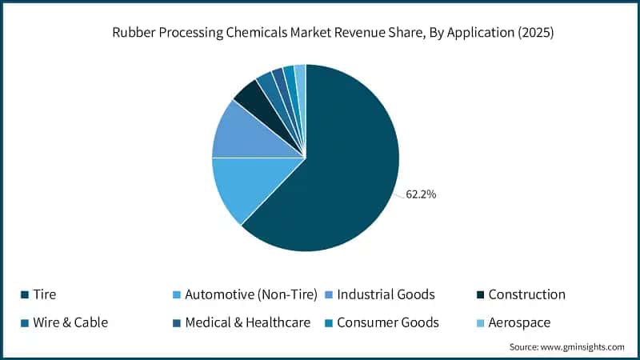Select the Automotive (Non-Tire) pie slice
(x=240, y=188)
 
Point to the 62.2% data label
(x=422, y=194)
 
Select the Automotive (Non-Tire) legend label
(x=250, y=294)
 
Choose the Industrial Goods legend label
(x=386, y=294)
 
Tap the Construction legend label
(x=526, y=294)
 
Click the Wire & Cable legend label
(x=70, y=322)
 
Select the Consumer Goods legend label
(x=388, y=322)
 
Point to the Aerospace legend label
(x=519, y=322)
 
